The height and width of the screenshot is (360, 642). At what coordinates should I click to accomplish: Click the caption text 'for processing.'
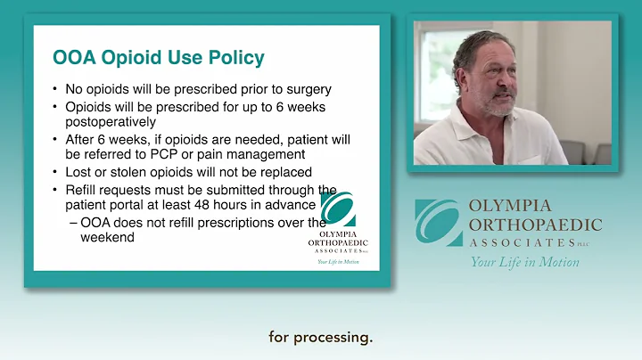(320, 338)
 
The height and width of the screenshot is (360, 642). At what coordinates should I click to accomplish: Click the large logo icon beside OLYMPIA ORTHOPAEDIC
(439, 223)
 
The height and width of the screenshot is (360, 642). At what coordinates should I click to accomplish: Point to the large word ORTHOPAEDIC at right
(535, 225)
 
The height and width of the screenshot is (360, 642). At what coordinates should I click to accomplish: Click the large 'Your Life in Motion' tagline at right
(524, 262)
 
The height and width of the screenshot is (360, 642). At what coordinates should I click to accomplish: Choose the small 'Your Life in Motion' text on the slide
(337, 262)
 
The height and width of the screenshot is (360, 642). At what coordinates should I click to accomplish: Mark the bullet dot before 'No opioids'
(56, 89)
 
